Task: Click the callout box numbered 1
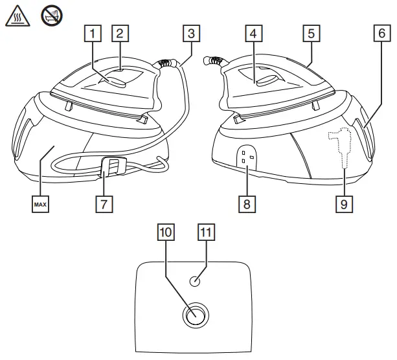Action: click(96, 32)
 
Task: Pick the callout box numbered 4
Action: click(255, 32)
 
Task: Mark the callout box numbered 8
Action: click(247, 203)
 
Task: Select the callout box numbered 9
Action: click(344, 203)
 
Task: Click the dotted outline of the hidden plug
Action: click(339, 146)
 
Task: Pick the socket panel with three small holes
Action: click(245, 157)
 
